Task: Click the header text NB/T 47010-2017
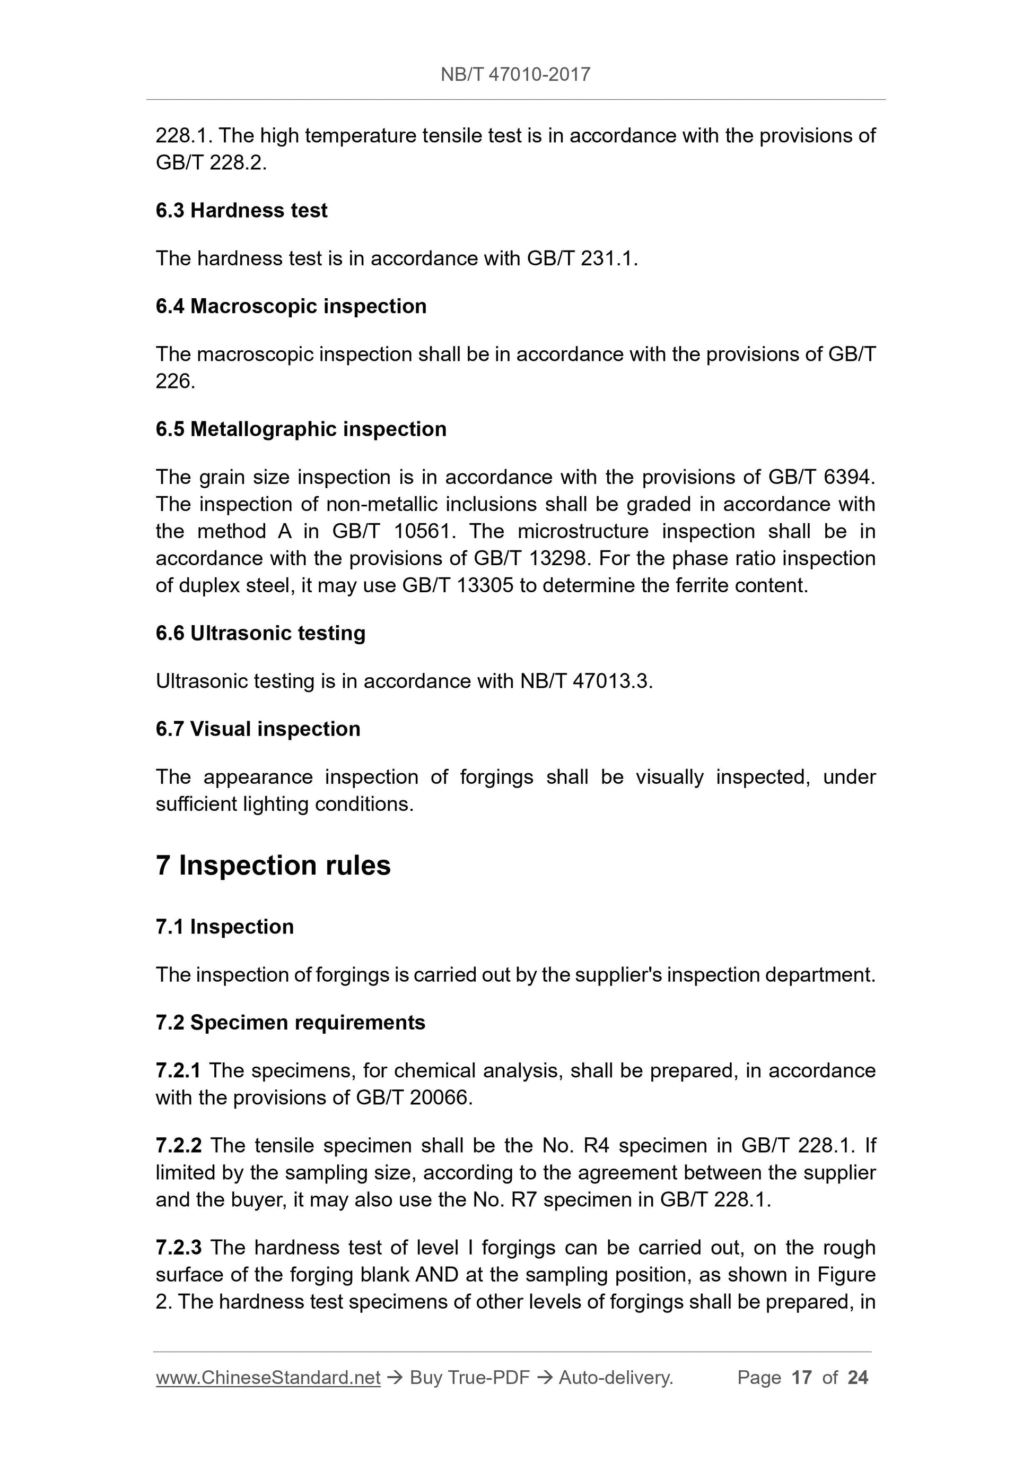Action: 515,75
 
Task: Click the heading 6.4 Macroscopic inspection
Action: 291,306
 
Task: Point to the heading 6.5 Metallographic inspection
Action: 301,429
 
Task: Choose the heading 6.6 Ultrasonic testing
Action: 260,633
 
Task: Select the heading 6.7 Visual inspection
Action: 258,729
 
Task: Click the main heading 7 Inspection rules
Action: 273,866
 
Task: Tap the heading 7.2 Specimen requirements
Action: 290,1023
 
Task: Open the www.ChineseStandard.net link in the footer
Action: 268,1378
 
